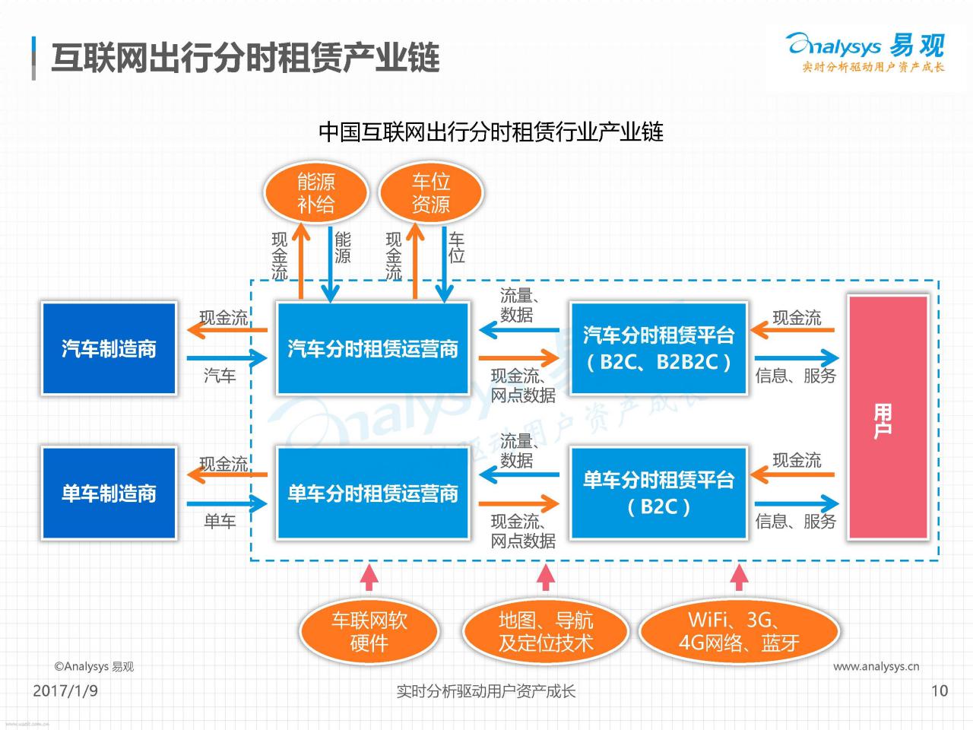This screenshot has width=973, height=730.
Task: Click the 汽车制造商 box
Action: coord(109,348)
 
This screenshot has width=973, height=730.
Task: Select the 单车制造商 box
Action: coord(109,493)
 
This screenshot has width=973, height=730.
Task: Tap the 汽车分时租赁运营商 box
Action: coord(372,348)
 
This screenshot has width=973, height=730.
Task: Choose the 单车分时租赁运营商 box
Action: coord(372,493)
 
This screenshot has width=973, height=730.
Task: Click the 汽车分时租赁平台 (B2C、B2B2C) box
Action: coord(659,348)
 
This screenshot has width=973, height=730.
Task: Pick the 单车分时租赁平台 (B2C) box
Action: coord(659,493)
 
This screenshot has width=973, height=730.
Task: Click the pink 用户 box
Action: coord(888,417)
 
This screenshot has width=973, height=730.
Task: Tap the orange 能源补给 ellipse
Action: coord(316,193)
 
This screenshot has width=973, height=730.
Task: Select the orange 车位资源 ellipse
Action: coord(431,193)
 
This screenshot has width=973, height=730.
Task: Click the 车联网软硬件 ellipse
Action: coord(369,631)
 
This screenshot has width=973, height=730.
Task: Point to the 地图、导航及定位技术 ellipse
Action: coord(546,631)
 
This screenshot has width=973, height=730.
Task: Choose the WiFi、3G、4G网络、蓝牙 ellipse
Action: coord(739,631)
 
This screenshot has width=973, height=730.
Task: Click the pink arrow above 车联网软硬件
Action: coord(369,577)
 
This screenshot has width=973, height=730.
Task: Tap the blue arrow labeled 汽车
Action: coord(227,358)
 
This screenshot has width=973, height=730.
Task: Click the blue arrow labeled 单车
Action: coord(227,503)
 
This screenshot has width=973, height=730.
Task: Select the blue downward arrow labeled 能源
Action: coord(330,265)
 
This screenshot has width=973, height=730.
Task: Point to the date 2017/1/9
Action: coord(65,690)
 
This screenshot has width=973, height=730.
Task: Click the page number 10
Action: coord(940,690)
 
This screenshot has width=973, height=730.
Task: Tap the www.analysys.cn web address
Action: coord(876,667)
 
